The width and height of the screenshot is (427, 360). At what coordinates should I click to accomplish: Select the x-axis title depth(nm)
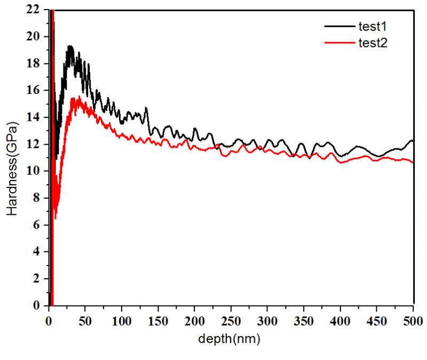point(229,339)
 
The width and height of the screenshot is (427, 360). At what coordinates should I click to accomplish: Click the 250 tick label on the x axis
point(231,322)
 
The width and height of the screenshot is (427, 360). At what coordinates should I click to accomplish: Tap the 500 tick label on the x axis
point(413,322)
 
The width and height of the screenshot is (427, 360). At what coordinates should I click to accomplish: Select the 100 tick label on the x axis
point(122,322)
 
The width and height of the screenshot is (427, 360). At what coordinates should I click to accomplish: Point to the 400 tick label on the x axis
point(341,322)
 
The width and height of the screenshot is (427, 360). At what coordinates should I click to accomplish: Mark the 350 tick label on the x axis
point(304,322)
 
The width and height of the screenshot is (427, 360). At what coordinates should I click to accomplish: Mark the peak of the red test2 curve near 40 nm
point(78,97)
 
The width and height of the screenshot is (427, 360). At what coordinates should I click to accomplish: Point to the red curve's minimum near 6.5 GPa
point(55,218)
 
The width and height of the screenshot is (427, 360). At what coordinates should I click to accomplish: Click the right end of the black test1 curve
point(413,141)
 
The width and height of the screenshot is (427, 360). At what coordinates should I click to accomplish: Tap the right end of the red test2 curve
point(413,162)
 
